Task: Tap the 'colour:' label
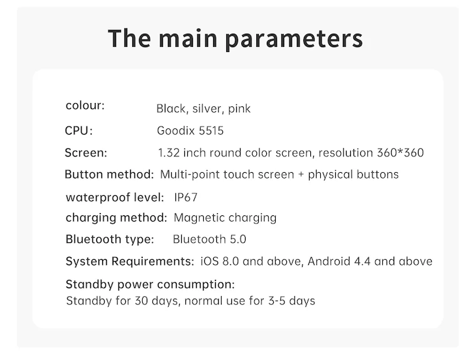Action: click(x=85, y=105)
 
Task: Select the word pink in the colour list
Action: click(x=239, y=109)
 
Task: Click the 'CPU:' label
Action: click(x=78, y=131)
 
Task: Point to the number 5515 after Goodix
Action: click(x=210, y=131)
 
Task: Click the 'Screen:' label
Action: click(x=86, y=153)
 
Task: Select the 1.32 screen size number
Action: click(x=169, y=153)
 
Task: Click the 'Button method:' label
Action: click(x=109, y=174)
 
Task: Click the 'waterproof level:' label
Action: click(x=115, y=197)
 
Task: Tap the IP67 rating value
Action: click(x=186, y=197)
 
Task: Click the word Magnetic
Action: click(x=198, y=218)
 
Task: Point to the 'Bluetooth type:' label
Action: click(x=109, y=239)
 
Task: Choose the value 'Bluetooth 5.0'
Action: click(x=209, y=239)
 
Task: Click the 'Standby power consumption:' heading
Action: click(x=150, y=285)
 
